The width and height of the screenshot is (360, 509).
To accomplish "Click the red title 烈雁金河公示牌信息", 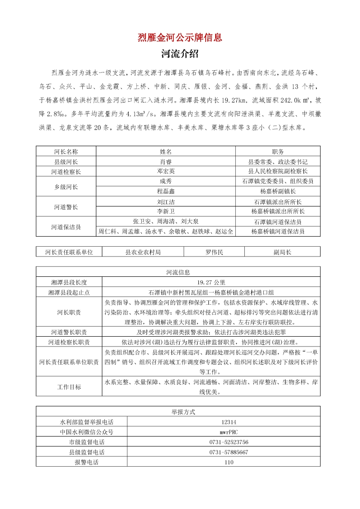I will [180, 37].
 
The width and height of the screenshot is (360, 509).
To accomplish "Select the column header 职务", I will [278, 151].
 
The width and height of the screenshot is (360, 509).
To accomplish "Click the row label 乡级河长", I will [66, 186].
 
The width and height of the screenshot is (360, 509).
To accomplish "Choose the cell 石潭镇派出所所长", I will [278, 202].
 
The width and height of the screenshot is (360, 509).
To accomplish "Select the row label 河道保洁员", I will [66, 227].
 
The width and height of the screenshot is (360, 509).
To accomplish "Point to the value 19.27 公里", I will [211, 282].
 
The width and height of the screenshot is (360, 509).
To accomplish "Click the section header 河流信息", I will [178, 272].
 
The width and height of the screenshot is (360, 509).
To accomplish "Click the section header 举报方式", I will [178, 411].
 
